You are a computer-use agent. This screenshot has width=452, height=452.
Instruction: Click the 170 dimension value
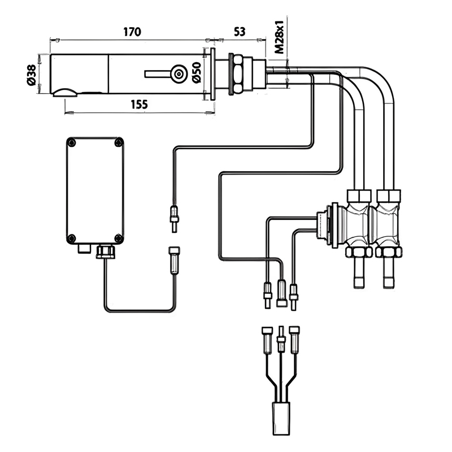click(132, 32)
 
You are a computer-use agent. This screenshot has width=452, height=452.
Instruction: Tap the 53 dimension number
click(240, 32)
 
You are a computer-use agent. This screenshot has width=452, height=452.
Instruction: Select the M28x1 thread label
click(279, 37)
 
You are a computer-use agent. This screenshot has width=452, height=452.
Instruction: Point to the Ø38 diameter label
click(31, 75)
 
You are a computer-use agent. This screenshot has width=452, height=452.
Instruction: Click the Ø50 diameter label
click(196, 72)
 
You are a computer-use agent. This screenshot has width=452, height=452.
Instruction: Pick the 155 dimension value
click(139, 104)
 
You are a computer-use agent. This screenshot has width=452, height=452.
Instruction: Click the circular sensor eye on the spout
click(179, 74)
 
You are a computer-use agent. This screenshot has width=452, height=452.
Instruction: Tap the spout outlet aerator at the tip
click(65, 93)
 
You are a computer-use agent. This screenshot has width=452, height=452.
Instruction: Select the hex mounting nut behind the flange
click(238, 74)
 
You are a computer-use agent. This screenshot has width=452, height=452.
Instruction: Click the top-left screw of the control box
click(71, 142)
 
